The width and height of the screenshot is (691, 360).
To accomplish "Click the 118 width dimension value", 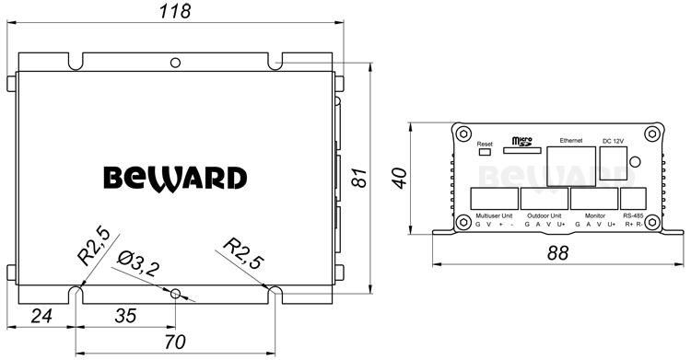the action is pyautogui.click(x=175, y=11).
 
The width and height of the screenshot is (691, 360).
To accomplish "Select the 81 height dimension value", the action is pyautogui.click(x=360, y=178).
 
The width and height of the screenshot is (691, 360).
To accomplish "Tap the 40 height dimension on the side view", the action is pyautogui.click(x=400, y=178).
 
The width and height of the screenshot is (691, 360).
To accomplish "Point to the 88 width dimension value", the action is pyautogui.click(x=558, y=253).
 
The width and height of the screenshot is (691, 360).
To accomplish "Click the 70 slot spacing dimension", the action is pyautogui.click(x=175, y=342).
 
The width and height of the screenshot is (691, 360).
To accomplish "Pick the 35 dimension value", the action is pyautogui.click(x=125, y=316).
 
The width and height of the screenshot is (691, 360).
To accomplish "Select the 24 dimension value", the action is pyautogui.click(x=41, y=316).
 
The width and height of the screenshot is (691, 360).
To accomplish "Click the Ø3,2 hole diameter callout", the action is pyautogui.click(x=138, y=264).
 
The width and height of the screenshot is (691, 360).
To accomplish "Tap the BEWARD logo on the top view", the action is pyautogui.click(x=175, y=179).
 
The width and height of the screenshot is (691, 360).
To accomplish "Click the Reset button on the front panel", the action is pyautogui.click(x=485, y=152).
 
